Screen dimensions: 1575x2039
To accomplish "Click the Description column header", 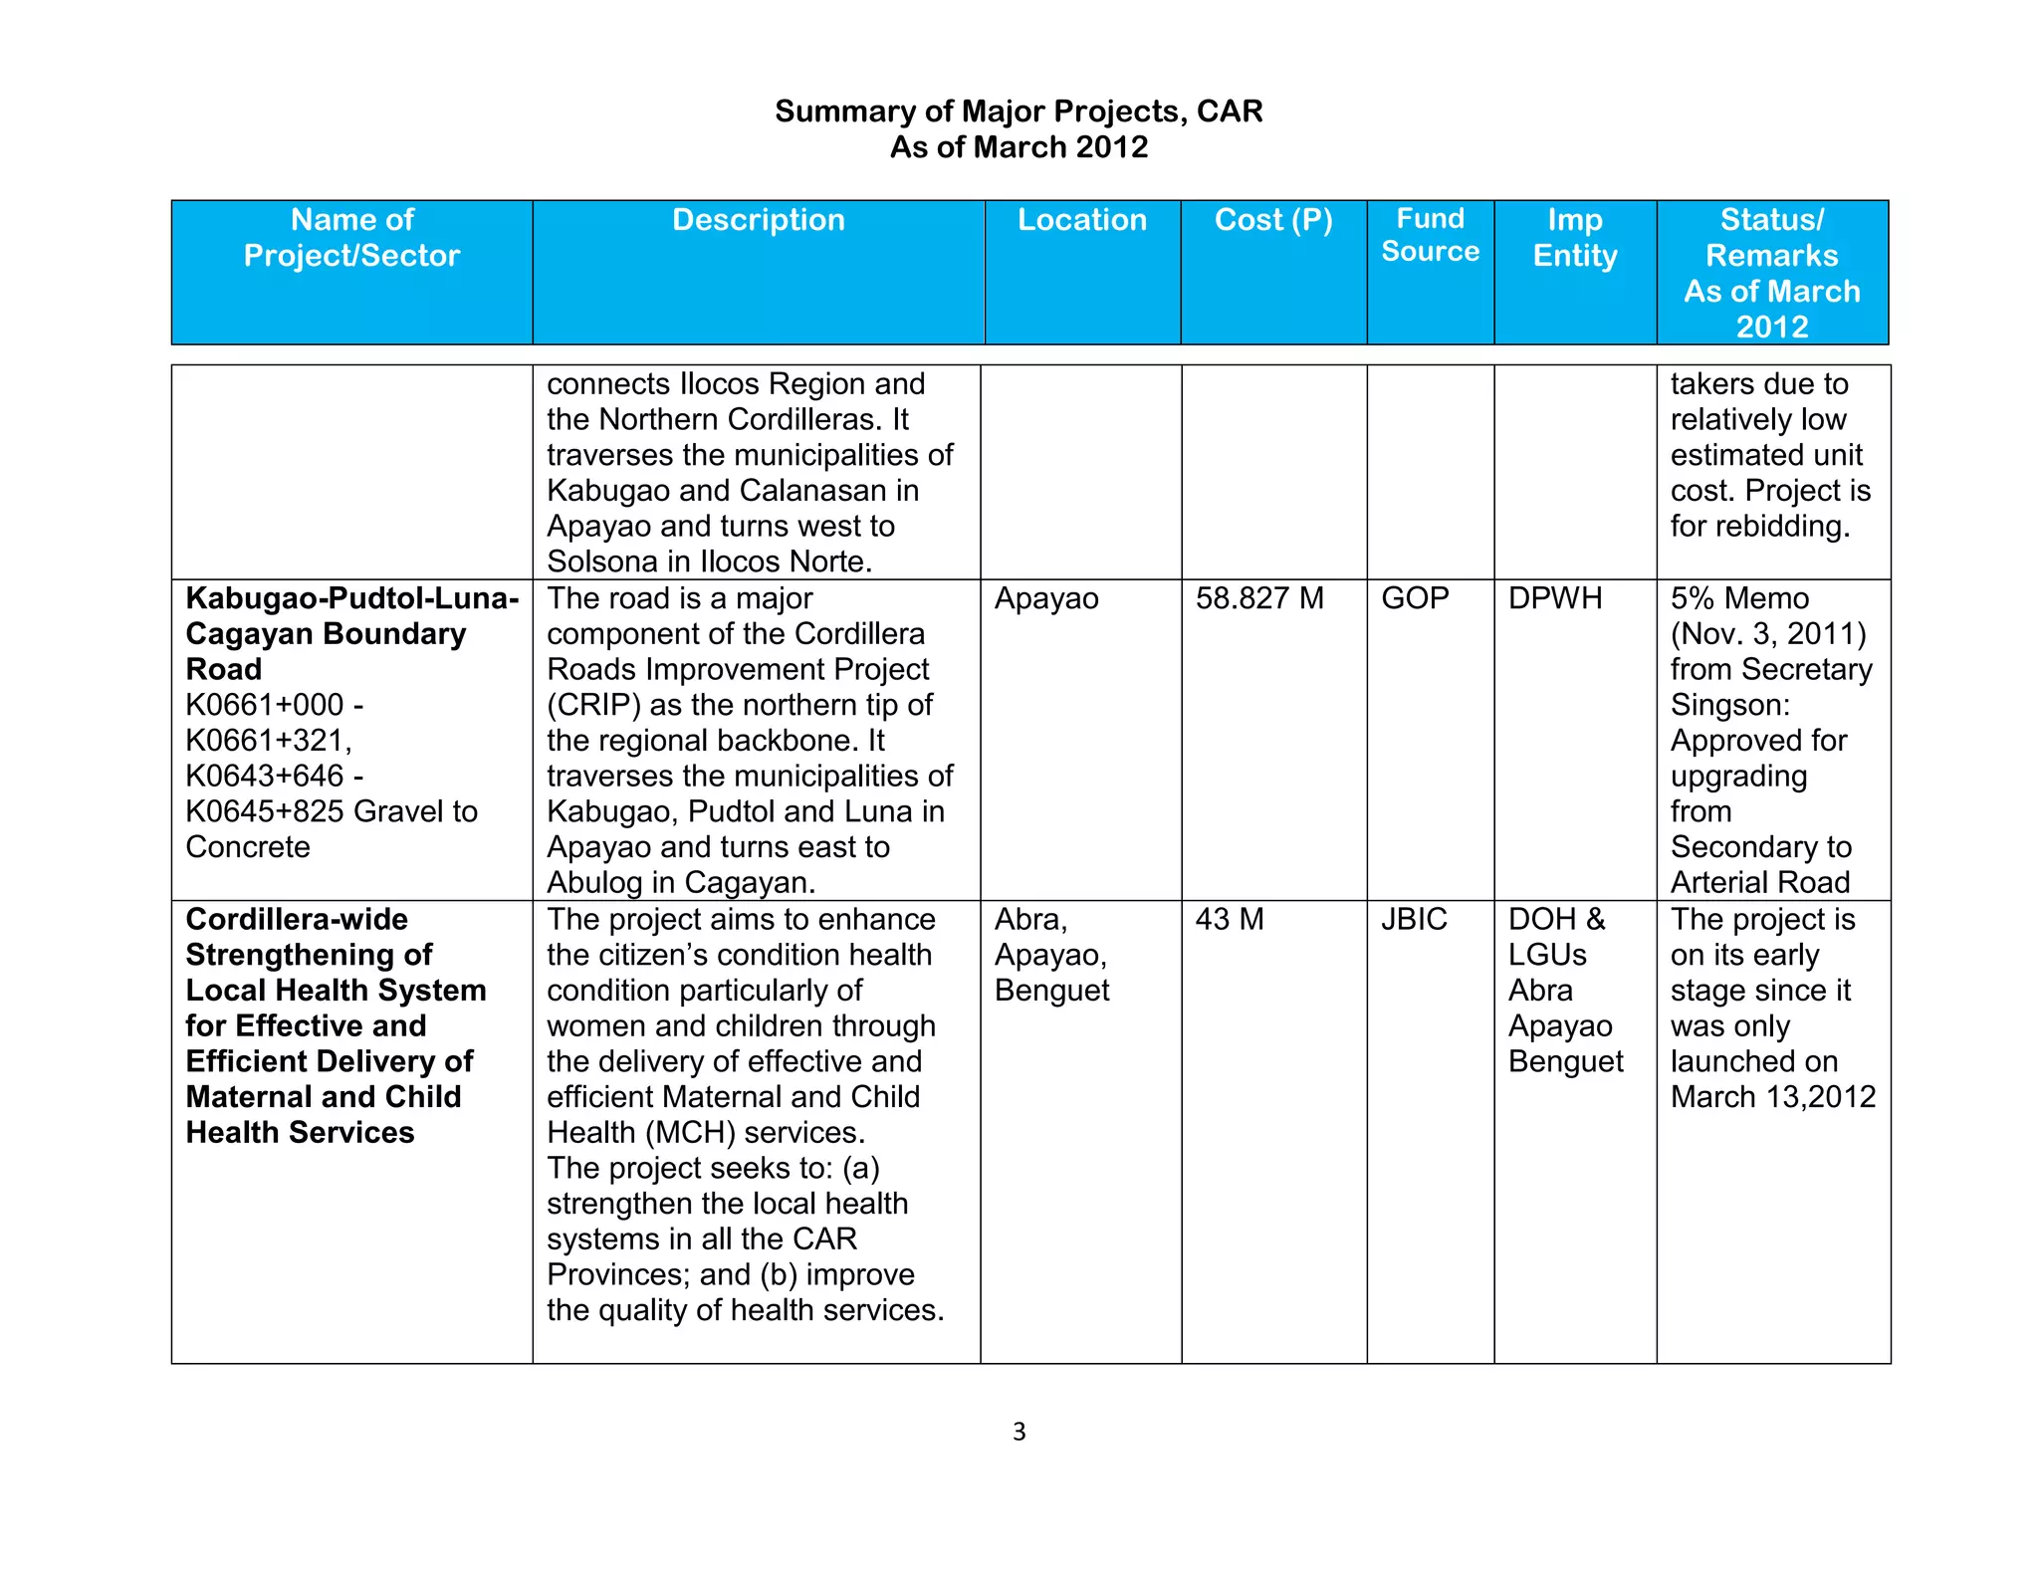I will [x=758, y=220].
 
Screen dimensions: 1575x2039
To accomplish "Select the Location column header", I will [x=1081, y=220].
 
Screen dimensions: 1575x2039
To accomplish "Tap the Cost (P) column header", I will [x=1272, y=220].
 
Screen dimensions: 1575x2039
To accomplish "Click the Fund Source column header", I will [x=1430, y=235].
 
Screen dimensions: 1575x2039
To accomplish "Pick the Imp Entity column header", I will [x=1574, y=238].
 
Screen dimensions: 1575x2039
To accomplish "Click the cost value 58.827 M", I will [x=1259, y=598].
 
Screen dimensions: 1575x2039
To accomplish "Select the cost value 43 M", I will [x=1229, y=919].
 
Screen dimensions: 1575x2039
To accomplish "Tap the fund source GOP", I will [x=1414, y=598].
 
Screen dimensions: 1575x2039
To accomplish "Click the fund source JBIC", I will [x=1414, y=919].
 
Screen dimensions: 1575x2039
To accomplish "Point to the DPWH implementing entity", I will [x=1555, y=598].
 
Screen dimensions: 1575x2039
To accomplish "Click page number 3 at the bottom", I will [x=1019, y=1432].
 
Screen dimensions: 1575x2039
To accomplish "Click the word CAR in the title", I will [x=1230, y=112].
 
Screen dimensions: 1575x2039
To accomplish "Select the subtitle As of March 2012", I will [x=1019, y=147].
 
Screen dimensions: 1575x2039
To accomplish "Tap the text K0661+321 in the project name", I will [x=267, y=741].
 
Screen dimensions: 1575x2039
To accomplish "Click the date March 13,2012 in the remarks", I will [x=1772, y=1097].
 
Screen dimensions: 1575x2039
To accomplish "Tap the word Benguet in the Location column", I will [x=1051, y=991].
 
